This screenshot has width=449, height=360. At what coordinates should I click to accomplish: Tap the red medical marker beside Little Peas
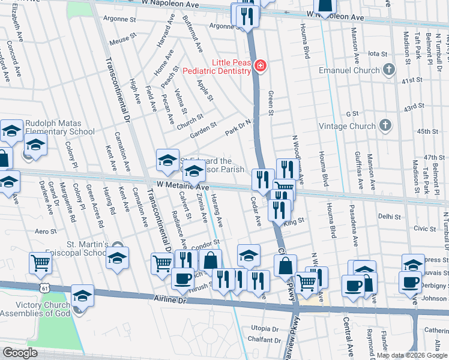point(260,66)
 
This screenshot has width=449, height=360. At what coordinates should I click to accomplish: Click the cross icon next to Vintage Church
point(386,125)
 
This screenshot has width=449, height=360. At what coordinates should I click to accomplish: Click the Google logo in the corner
point(19,352)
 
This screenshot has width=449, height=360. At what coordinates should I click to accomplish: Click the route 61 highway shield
point(46,289)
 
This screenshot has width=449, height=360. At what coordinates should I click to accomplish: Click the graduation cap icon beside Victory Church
point(82,295)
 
